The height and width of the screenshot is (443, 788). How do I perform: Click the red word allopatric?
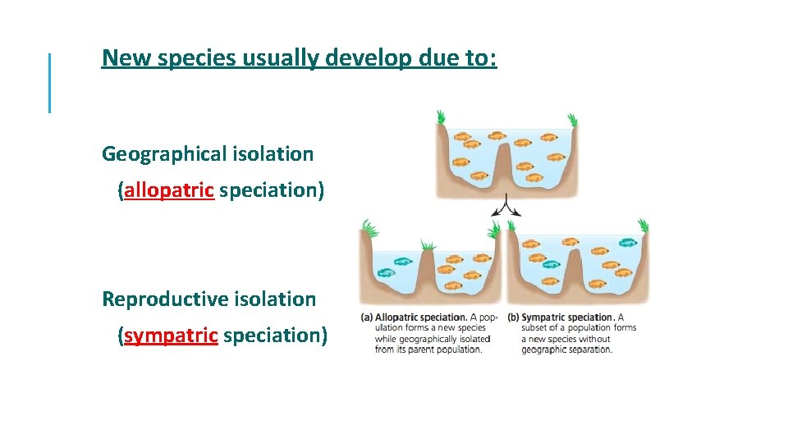click(x=169, y=190)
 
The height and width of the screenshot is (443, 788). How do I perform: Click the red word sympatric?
click(x=171, y=336)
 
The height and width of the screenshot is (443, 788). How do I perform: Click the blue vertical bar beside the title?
click(x=50, y=82)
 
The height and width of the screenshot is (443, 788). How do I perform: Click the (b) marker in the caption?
click(x=514, y=317)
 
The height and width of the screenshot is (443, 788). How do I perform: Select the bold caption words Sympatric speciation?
click(x=568, y=317)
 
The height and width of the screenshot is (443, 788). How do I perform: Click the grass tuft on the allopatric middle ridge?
click(x=427, y=245)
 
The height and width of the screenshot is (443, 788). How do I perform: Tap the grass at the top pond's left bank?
click(x=442, y=117)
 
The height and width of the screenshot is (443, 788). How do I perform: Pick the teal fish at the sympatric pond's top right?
click(x=628, y=243)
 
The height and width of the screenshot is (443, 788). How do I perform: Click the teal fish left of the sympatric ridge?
click(x=551, y=264)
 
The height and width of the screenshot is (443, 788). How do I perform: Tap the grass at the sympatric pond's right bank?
click(x=644, y=225)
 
